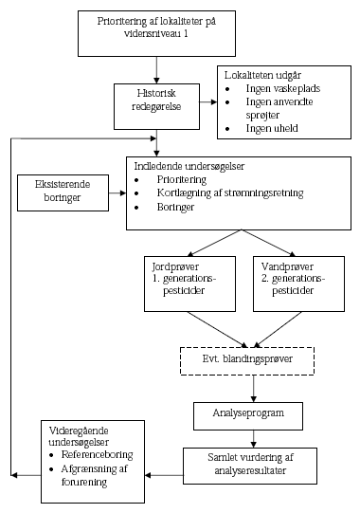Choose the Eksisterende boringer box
[x=61, y=192]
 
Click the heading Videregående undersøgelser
[x=81, y=437]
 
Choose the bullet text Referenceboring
[x=98, y=454]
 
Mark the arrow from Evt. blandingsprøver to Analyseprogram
[x=254, y=389]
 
